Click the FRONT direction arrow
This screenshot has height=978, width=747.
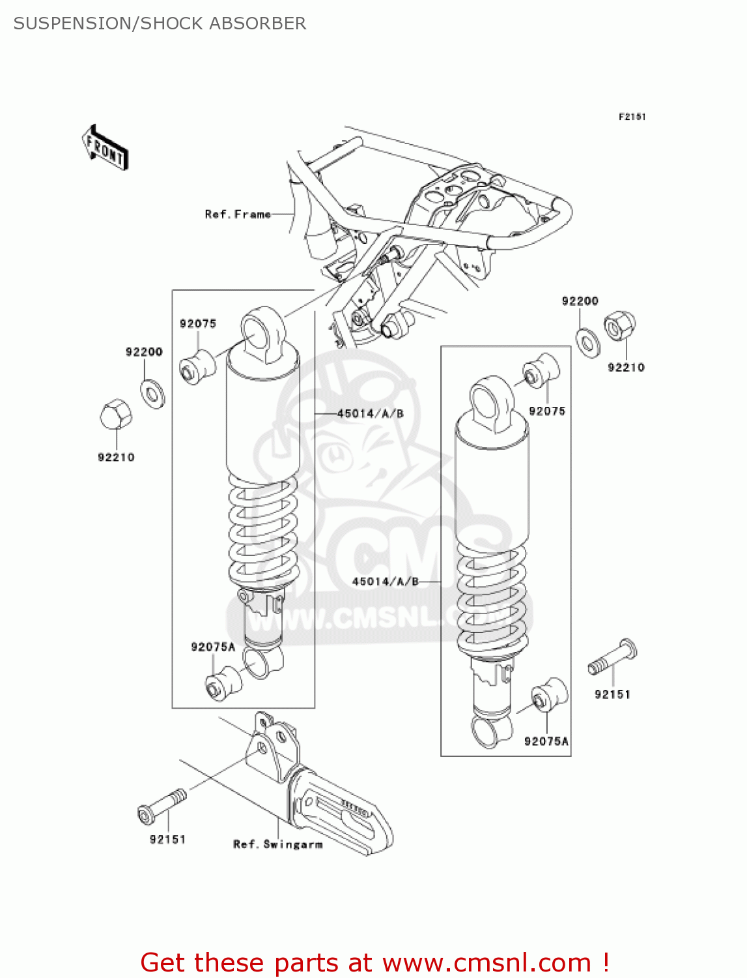pos(104,148)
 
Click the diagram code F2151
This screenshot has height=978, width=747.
pos(631,117)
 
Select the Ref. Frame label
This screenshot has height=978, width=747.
pos(237,214)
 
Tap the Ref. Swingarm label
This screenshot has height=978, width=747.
pos(277,844)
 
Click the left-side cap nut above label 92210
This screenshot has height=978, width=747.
pos(116,413)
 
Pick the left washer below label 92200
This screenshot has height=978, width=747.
pos(152,393)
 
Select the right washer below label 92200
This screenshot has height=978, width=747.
pos(589,342)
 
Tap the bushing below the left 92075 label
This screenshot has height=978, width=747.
pos(197,367)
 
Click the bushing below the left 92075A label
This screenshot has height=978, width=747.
pos(223,683)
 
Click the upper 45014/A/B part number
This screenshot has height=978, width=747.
pos(370,413)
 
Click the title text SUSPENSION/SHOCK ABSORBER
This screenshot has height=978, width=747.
pos(160,23)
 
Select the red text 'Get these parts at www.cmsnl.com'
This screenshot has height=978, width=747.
pos(374,962)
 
